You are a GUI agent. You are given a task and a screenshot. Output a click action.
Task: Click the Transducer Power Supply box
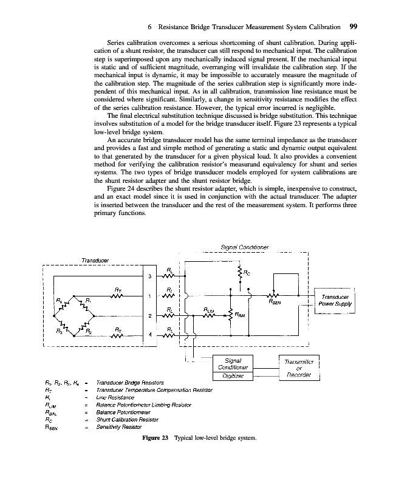pos(335,301)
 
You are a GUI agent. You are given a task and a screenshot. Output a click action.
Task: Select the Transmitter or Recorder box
pos(298,368)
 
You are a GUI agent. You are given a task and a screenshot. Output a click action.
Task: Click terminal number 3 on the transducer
pos(149,277)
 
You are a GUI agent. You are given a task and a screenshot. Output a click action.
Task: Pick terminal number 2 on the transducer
pos(149,315)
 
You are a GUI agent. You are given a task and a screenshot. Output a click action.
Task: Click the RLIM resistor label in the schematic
pos(209,309)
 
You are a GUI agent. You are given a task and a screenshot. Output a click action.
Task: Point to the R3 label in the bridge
pos(59,331)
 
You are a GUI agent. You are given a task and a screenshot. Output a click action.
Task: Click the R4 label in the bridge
pos(59,300)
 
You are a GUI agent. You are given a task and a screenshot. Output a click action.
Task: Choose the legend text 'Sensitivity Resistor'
pos(120,427)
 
